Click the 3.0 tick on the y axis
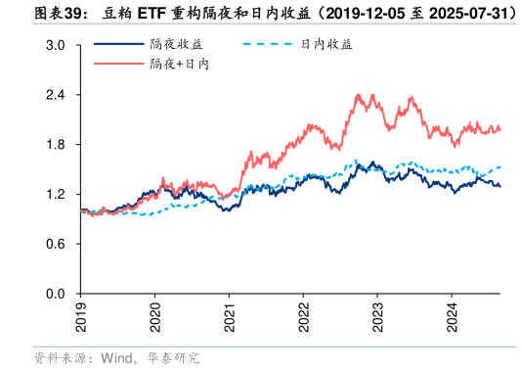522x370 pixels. (56, 46)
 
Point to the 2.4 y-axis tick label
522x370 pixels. (56, 96)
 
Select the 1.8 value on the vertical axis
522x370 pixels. (56, 145)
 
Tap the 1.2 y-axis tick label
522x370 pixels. (56, 195)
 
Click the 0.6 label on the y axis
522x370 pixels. (56, 245)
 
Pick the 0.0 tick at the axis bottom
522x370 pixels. (56, 294)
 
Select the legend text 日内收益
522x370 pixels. (326, 45)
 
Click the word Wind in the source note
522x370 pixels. (115, 358)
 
